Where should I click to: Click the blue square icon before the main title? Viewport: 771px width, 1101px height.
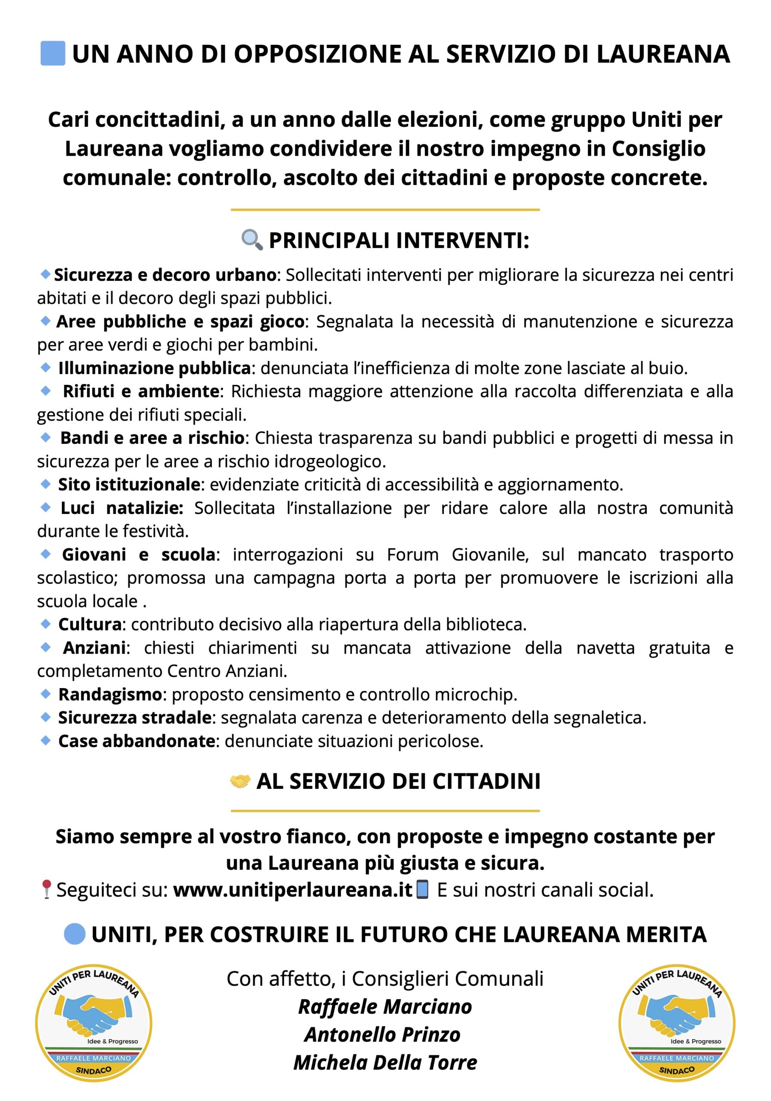pyautogui.click(x=53, y=53)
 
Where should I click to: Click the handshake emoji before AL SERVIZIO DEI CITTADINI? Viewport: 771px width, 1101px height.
pyautogui.click(x=240, y=781)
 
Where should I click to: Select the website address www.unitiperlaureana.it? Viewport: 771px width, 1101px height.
pyautogui.click(x=292, y=890)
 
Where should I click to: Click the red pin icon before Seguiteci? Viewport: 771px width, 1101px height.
pyautogui.click(x=46, y=889)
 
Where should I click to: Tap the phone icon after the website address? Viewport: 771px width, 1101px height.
pyautogui.click(x=422, y=889)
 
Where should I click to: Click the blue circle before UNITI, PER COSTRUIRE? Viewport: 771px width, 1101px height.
pyautogui.click(x=74, y=934)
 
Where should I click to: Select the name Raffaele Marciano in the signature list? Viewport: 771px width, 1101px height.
pyautogui.click(x=385, y=1006)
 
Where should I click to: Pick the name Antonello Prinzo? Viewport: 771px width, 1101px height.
pyautogui.click(x=382, y=1034)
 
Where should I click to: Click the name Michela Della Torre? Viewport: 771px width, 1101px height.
pyautogui.click(x=385, y=1063)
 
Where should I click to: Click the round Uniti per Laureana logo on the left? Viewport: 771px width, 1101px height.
pyautogui.click(x=94, y=1023)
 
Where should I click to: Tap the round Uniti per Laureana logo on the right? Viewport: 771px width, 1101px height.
pyautogui.click(x=676, y=1023)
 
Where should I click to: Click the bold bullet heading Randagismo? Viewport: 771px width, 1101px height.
pyautogui.click(x=110, y=694)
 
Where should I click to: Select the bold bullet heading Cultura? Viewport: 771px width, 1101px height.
pyautogui.click(x=90, y=624)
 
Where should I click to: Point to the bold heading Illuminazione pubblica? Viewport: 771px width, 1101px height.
pyautogui.click(x=154, y=368)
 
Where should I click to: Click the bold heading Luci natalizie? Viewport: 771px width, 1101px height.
pyautogui.click(x=122, y=508)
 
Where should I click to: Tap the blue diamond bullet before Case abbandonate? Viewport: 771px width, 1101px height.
pyautogui.click(x=46, y=741)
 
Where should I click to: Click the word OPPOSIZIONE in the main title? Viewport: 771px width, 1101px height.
pyautogui.click(x=317, y=54)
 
